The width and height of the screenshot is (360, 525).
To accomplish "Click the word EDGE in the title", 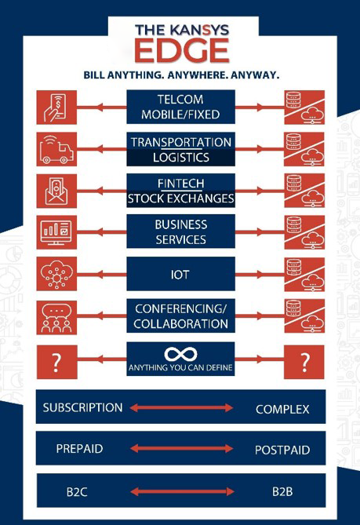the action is coord(182,50).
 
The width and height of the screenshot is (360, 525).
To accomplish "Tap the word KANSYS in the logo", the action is coord(199,30).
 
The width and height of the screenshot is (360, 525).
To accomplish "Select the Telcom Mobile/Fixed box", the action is coord(180,107).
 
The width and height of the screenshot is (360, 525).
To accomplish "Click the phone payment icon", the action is coord(56,108).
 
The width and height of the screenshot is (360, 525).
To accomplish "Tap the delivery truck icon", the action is coord(56,149).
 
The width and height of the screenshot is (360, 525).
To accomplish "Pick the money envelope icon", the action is coord(56,191).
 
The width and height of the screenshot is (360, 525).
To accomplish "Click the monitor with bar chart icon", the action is coord(56,232).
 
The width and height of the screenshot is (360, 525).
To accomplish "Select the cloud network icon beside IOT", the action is coord(56,274).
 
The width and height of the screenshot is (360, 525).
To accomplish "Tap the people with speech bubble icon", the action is coord(56,317).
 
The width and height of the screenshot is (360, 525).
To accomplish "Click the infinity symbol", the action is coord(180,354).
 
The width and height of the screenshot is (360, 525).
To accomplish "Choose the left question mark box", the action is coord(57,363).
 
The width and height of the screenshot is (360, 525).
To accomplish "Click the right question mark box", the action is coord(304,363).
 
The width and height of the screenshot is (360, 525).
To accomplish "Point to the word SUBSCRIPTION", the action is coord(82,407).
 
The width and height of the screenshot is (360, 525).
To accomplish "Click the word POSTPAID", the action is coord(282,450).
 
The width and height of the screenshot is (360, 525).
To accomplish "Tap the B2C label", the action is coord(77,492).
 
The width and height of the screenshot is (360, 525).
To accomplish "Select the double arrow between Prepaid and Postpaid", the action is coord(181,448).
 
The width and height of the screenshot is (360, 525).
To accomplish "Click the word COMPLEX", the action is coord(282,409).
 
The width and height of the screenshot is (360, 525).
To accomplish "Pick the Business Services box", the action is coord(180,232).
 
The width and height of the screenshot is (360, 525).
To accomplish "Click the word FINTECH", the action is coord(180,184).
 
